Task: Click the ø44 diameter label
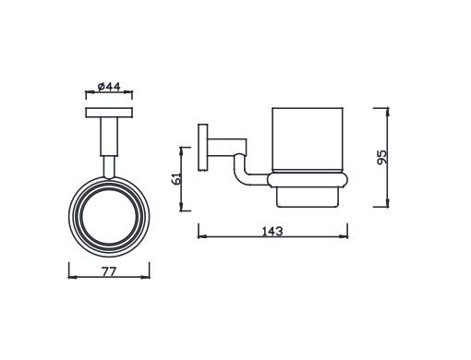(109, 87)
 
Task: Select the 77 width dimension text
(108, 272)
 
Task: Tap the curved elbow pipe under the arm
(242, 170)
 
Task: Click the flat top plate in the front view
(109, 114)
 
